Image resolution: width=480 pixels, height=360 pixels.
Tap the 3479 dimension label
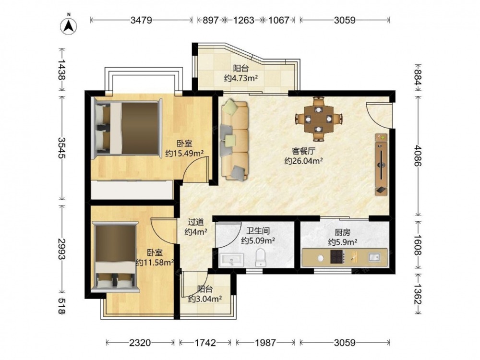[x=141, y=20]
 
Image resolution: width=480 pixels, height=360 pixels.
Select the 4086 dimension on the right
[x=418, y=156]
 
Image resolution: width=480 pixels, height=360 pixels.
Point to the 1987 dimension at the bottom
[x=265, y=343]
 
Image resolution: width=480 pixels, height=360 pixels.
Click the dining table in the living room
[x=319, y=119]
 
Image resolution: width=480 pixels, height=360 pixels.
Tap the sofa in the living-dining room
[x=234, y=141]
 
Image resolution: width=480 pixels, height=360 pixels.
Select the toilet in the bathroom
[x=261, y=257]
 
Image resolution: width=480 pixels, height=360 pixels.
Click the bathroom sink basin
[x=231, y=260]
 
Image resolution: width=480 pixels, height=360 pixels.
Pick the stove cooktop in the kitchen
[x=337, y=256]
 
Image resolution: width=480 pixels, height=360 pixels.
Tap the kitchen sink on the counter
[x=374, y=256]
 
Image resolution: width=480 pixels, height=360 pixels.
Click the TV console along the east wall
[x=382, y=164]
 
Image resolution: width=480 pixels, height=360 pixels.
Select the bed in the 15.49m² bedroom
[x=127, y=128]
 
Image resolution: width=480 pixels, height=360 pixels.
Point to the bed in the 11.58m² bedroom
[x=115, y=256]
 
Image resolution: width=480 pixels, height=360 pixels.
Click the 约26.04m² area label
[x=303, y=161]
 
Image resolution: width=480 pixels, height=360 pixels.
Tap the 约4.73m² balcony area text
[x=240, y=78]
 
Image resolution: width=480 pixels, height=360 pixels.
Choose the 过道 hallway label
[x=196, y=222]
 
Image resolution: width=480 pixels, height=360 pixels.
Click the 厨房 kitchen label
[x=343, y=232]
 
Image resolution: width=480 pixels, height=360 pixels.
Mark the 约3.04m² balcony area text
[x=205, y=299]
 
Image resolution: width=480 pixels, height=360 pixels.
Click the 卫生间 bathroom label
[x=258, y=230]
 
